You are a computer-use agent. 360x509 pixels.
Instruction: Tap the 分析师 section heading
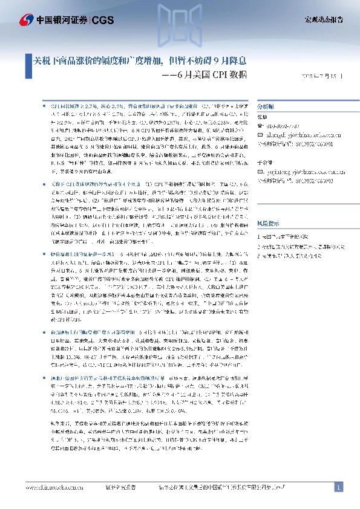coord(266,104)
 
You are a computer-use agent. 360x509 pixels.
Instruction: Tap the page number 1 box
coord(339,487)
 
